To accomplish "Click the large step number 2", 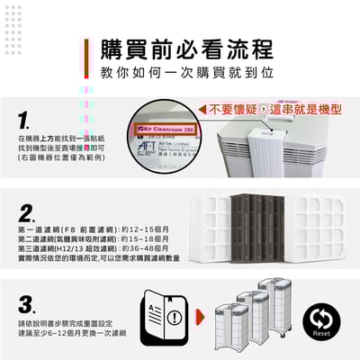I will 28,213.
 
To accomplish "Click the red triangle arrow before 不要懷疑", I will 202,109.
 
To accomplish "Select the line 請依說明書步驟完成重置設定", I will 67,322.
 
